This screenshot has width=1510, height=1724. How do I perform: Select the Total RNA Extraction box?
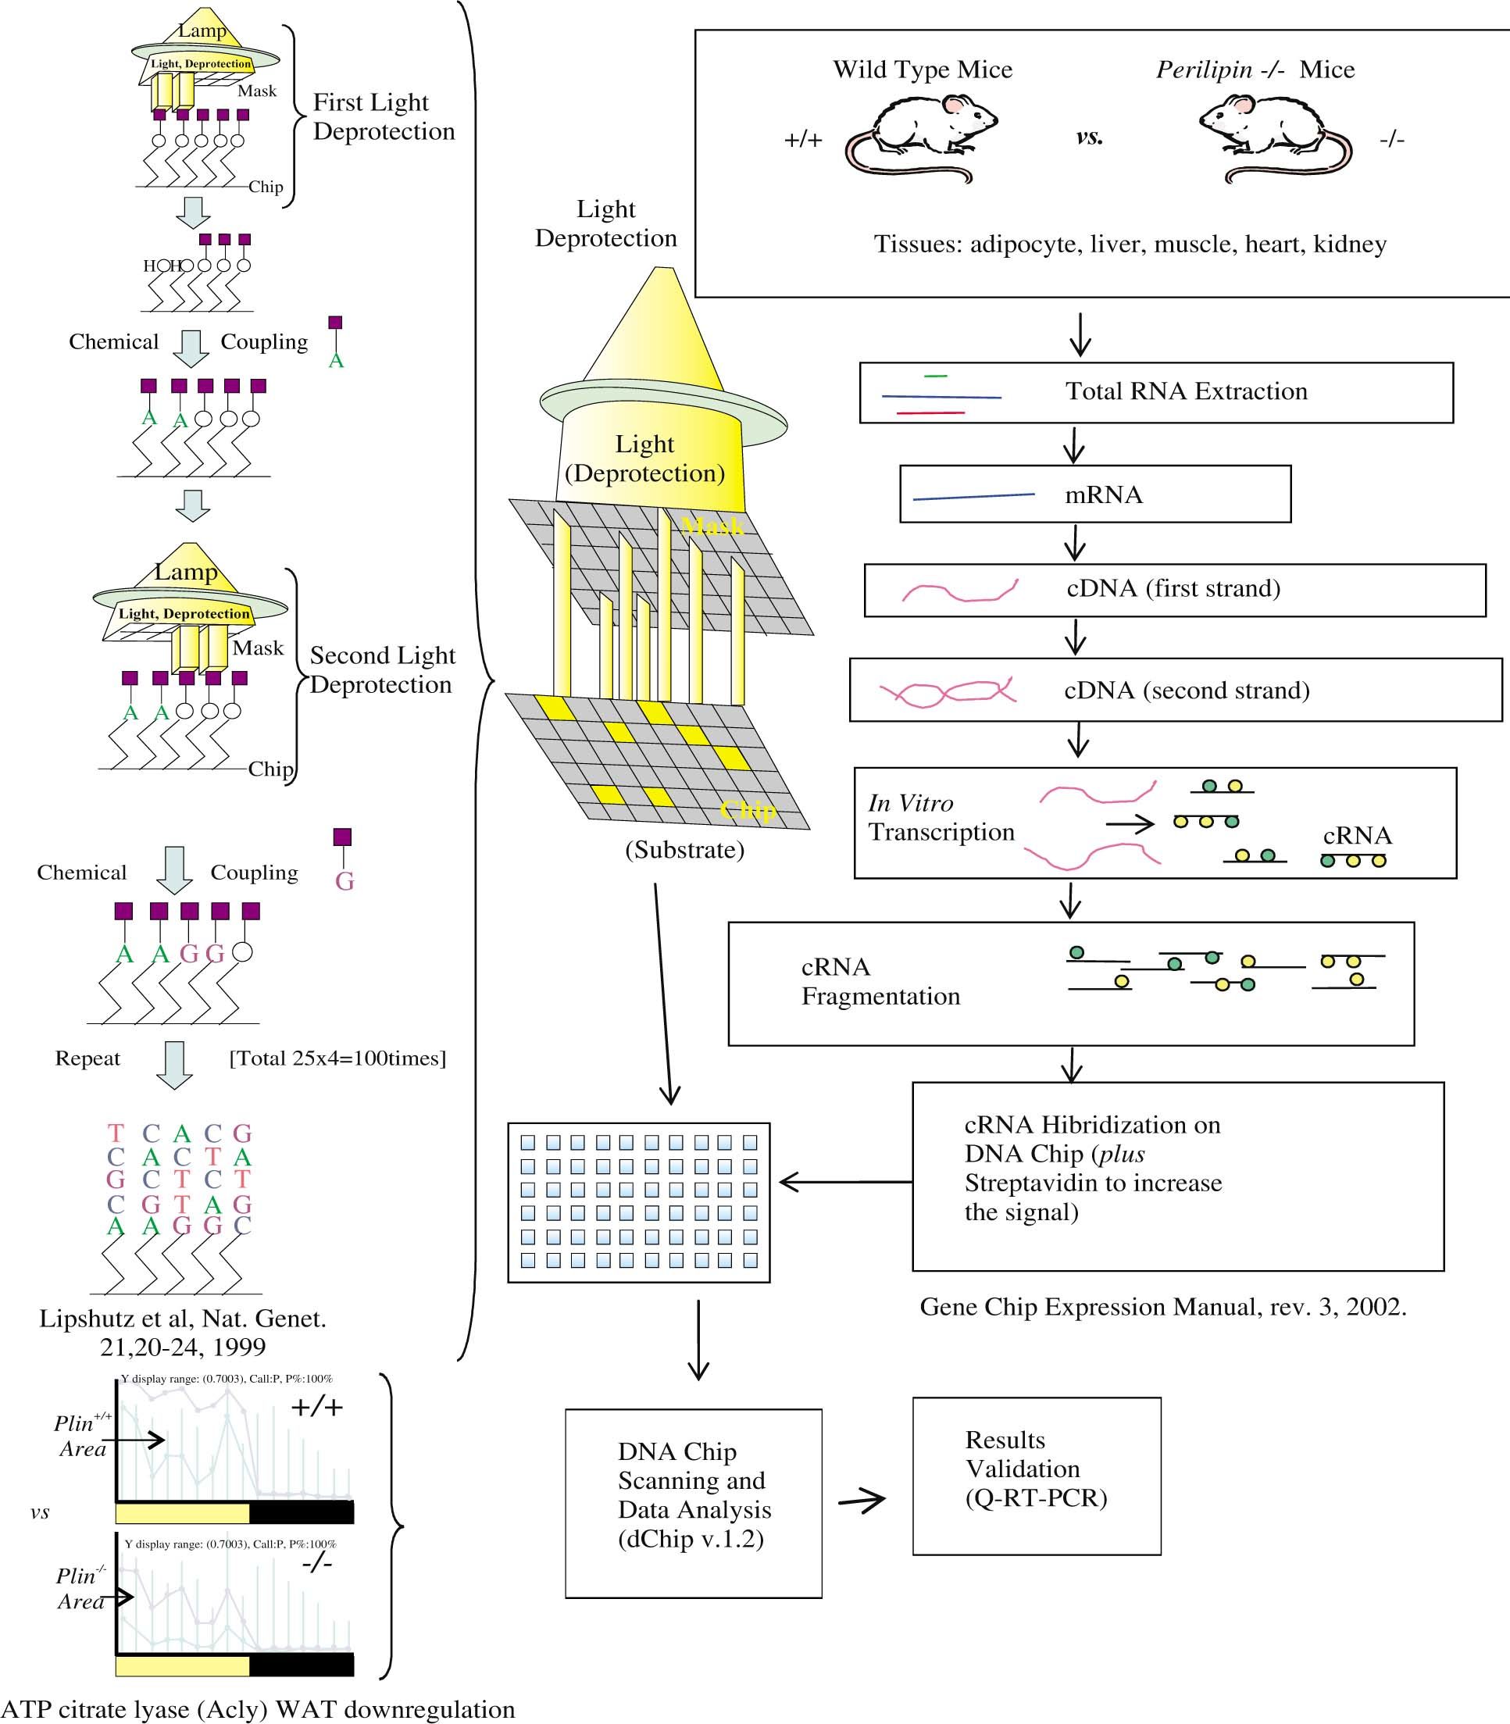point(1155,392)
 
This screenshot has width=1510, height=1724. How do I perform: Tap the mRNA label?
point(1103,494)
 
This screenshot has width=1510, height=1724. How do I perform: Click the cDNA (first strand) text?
point(1173,588)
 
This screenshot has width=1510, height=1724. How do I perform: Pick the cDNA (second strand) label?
point(1187,690)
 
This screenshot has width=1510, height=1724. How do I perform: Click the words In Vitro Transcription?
point(941,817)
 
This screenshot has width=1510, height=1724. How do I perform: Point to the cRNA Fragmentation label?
point(880,982)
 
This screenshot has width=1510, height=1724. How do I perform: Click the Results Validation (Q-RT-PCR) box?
point(1036,1476)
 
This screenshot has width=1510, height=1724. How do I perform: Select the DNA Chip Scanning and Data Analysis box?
point(693,1502)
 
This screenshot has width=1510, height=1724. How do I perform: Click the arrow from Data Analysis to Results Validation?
point(862,1500)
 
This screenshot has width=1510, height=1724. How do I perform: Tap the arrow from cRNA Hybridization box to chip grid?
point(844,1182)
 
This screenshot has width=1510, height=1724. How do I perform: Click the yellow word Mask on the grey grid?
point(713,526)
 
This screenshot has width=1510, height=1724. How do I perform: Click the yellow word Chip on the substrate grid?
point(748,811)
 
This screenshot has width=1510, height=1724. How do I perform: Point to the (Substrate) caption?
point(684,849)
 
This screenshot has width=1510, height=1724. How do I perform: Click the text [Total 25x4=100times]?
point(337,1058)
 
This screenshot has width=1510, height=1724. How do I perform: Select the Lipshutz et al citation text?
point(183,1332)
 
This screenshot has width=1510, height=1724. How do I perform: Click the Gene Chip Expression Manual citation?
point(1163,1307)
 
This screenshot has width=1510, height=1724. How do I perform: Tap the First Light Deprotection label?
point(384,116)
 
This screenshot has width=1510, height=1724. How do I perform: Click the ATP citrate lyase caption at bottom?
point(258,1709)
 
